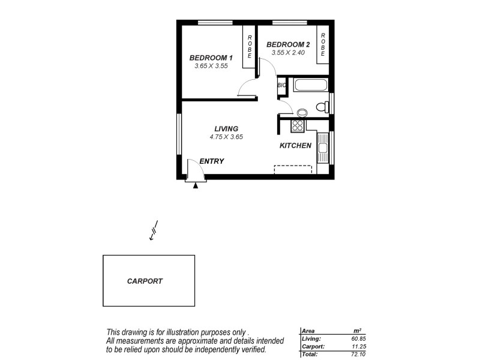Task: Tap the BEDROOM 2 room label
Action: click(288, 44)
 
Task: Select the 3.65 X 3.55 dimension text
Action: click(211, 66)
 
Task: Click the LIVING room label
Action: click(227, 128)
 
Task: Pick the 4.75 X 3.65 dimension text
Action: click(226, 137)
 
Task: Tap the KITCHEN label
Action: click(295, 146)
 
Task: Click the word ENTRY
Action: click(211, 161)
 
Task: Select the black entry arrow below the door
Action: click(195, 187)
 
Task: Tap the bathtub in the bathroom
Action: click(310, 86)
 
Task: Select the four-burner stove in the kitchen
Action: click(297, 125)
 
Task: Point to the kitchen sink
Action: click(323, 148)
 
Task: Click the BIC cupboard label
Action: click(281, 86)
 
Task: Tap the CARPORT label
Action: click(145, 281)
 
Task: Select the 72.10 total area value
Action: click(359, 355)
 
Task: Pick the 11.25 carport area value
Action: click(359, 347)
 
